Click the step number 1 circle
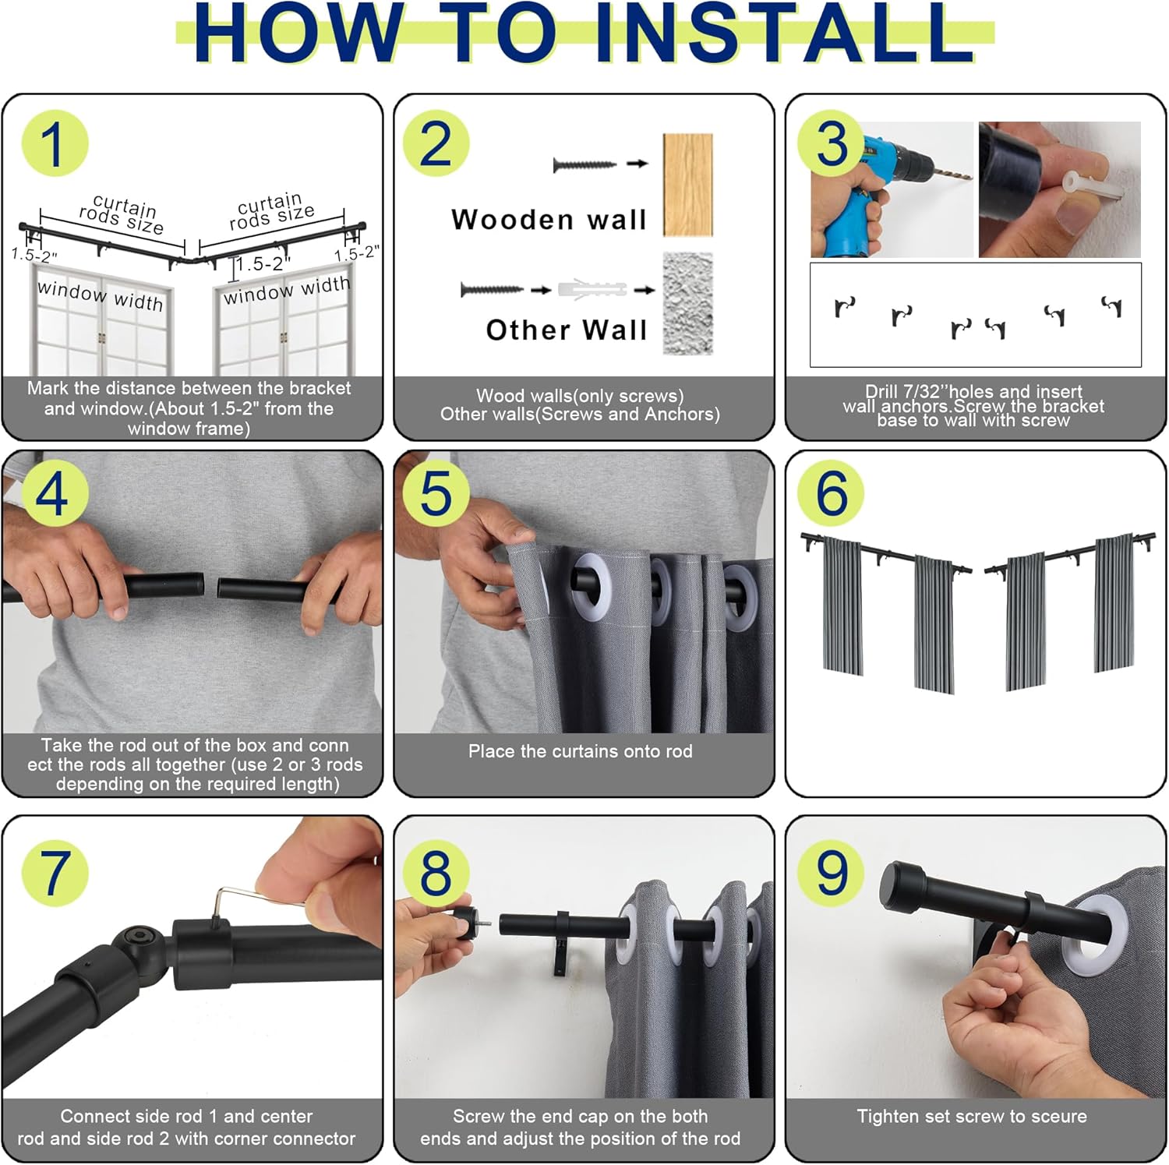click(55, 143)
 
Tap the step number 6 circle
click(832, 492)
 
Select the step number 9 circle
click(832, 872)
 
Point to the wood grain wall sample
click(687, 185)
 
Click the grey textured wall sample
click(687, 303)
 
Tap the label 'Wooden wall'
click(549, 220)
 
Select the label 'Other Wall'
click(567, 330)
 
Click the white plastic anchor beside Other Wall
click(592, 289)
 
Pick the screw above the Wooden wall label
click(584, 164)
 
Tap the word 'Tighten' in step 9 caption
click(888, 1117)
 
